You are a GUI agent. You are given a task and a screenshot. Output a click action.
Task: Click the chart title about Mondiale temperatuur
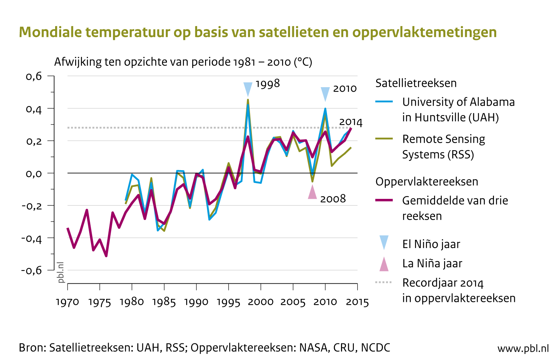coord(258,32)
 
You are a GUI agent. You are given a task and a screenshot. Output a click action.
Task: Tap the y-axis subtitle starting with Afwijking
coord(183,62)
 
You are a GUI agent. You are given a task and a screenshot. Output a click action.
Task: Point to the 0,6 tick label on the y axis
coord(34,76)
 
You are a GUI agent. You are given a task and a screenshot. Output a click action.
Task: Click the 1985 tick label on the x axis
coord(164,302)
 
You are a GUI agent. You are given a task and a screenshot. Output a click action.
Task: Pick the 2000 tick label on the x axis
coord(261,302)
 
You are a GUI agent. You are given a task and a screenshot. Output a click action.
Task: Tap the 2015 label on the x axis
coord(357,302)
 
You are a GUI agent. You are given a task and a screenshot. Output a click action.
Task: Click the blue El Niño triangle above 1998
coord(248,89)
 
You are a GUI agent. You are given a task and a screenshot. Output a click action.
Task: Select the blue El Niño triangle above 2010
coord(325,93)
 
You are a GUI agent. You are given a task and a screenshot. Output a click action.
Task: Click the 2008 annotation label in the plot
coord(333,199)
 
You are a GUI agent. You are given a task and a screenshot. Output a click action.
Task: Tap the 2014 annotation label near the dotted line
coord(350,122)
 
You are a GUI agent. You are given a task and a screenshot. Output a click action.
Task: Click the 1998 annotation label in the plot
coord(268,84)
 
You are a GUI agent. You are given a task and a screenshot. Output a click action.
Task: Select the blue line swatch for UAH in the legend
coord(384,102)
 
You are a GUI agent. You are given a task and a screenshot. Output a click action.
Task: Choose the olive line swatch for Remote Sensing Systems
coord(384,139)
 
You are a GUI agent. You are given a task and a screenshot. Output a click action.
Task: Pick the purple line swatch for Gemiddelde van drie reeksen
coord(384,200)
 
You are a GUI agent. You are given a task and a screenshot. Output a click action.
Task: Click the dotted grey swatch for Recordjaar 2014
coord(384,282)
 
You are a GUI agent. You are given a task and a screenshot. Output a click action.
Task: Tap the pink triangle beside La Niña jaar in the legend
coord(384,264)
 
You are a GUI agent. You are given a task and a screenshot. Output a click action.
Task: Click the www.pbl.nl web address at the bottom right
coord(523,348)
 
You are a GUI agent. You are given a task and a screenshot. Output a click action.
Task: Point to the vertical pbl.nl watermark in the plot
coord(60,272)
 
